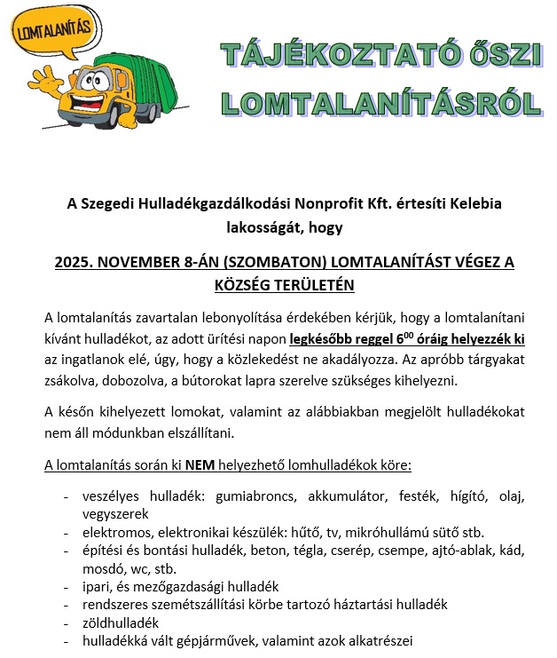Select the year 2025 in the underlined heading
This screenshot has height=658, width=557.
74,262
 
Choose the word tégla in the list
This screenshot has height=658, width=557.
289,550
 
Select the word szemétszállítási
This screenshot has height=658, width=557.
201,604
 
